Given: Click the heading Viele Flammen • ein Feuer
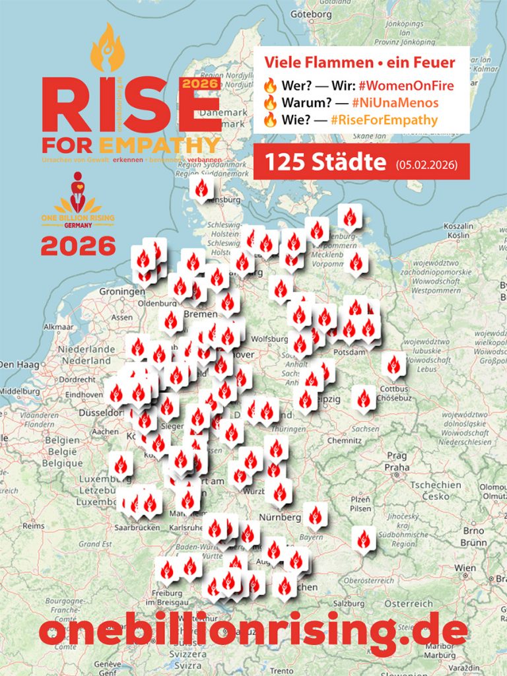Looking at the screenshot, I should point(360,63).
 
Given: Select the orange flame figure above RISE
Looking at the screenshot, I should point(108,48).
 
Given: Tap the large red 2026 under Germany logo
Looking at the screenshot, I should point(78,247).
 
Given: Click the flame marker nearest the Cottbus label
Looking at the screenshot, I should point(394,364).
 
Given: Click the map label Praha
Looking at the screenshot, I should point(397,467).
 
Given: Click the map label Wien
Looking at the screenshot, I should point(465,568).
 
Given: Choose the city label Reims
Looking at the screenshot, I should point(32,526).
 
